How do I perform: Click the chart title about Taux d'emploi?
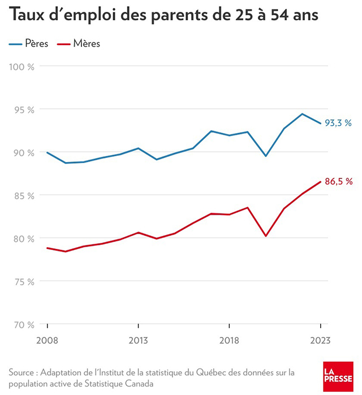(x=163, y=16)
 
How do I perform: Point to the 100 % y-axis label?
(x=23, y=67)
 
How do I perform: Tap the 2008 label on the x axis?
(x=48, y=341)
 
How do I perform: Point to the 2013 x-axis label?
(x=138, y=341)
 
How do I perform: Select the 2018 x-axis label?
(x=229, y=341)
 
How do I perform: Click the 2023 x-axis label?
(x=320, y=341)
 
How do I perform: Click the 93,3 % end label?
(x=338, y=122)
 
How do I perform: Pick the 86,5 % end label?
(x=339, y=181)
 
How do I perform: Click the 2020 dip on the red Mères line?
(x=265, y=236)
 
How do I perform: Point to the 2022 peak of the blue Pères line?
(x=302, y=114)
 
